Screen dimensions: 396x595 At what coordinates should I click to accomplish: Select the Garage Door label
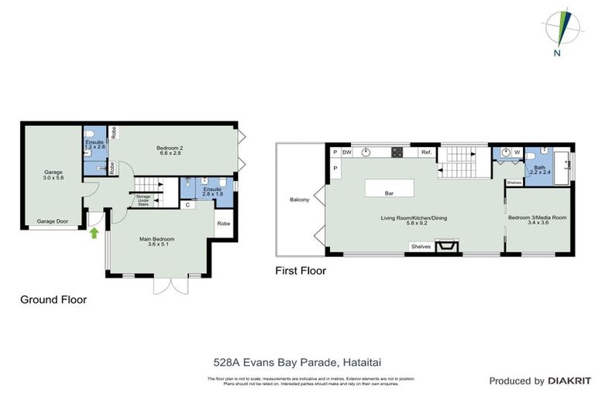click(52, 221)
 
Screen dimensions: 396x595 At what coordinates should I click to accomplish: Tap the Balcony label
click(300, 200)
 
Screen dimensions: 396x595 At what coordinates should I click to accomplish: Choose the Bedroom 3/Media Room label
click(537, 218)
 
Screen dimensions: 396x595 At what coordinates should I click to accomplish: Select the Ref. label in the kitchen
click(426, 153)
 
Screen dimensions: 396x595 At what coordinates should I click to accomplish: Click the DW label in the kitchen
click(346, 152)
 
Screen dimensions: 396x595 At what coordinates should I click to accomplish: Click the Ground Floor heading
click(53, 299)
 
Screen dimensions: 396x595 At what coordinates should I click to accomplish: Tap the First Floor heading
click(301, 271)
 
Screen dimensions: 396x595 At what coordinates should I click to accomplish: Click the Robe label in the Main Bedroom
click(223, 224)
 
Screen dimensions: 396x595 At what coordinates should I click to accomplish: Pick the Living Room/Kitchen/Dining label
click(413, 218)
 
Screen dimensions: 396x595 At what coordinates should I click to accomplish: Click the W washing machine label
click(516, 152)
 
